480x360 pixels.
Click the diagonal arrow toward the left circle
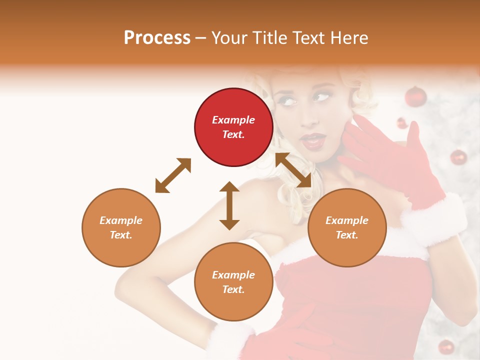173,175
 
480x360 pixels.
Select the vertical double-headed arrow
229,205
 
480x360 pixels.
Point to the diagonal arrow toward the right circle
293,170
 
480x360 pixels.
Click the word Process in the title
157,37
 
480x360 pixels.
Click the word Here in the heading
349,37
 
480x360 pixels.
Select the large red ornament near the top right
415,96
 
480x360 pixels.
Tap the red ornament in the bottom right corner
446,346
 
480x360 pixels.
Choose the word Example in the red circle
233,120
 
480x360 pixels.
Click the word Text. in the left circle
121,235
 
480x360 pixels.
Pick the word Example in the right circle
347,220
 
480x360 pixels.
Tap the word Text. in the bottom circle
233,289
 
